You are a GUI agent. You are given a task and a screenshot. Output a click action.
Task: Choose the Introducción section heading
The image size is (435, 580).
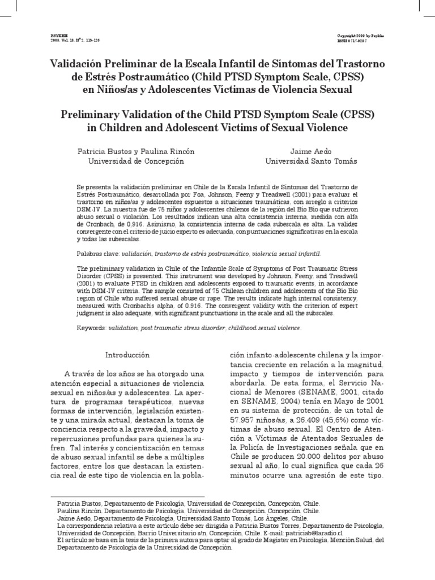(128, 355)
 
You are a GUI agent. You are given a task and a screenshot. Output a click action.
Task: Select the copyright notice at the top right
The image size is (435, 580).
(367, 35)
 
